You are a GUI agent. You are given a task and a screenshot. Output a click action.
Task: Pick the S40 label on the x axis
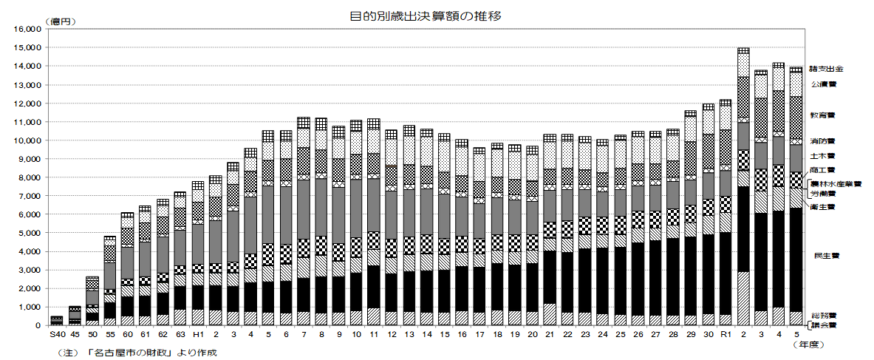[57, 335]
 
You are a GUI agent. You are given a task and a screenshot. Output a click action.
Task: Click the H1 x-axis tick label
[198, 335]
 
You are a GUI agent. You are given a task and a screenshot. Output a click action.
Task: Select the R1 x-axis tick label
[725, 335]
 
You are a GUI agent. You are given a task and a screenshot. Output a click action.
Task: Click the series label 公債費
[823, 84]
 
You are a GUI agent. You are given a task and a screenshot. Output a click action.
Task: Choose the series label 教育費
[822, 115]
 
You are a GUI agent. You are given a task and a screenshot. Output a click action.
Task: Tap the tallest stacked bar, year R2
[742, 185]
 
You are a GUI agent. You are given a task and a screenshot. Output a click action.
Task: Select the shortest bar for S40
[57, 321]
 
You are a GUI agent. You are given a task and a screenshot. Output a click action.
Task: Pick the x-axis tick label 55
[109, 335]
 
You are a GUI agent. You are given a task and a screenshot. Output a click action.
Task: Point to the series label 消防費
[822, 140]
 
